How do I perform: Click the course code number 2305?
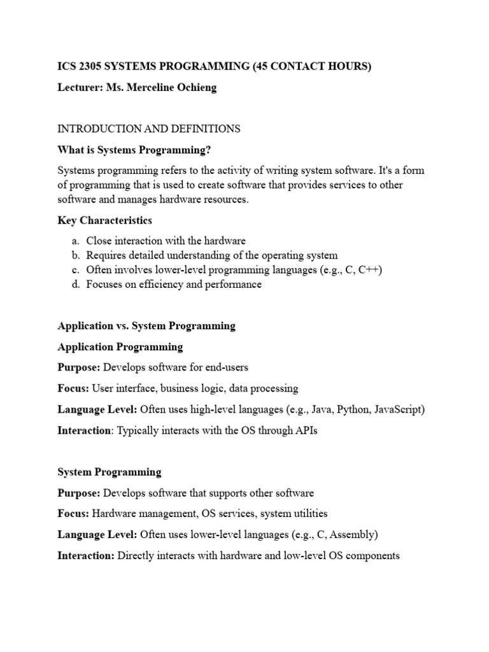[87, 67]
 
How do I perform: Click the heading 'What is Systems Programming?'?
[134, 150]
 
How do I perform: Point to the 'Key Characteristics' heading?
[104, 220]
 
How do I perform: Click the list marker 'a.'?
[75, 241]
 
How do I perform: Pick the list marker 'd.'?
[75, 285]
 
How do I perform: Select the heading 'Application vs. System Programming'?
[146, 325]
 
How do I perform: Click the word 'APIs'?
[304, 430]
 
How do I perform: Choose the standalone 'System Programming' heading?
[110, 472]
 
